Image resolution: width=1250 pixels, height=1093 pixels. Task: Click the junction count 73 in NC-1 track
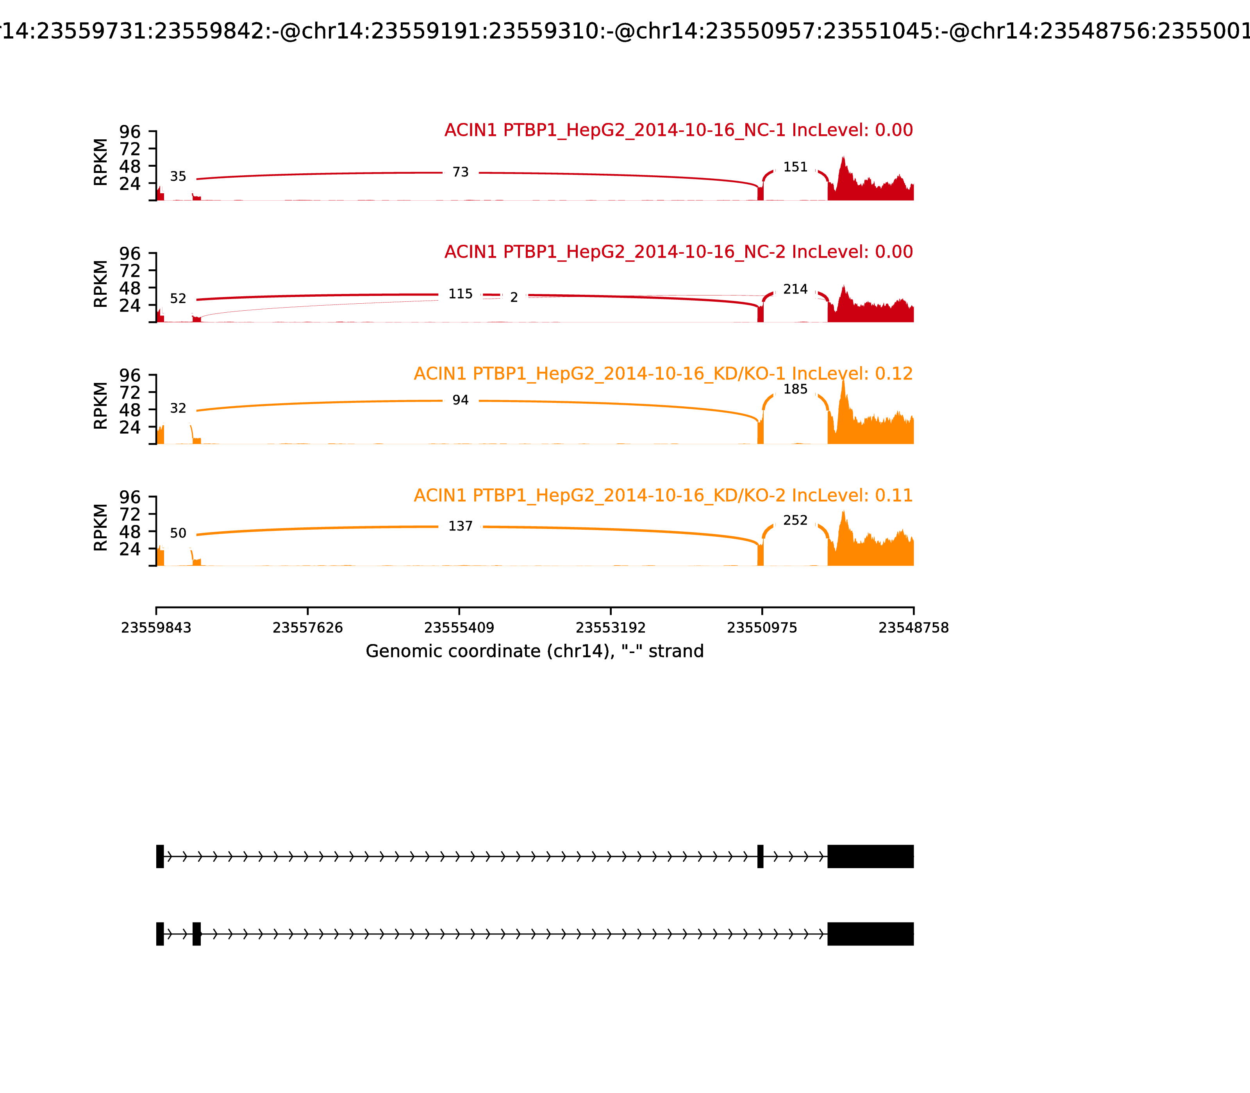pos(460,173)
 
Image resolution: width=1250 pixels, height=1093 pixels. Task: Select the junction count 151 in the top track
pos(795,167)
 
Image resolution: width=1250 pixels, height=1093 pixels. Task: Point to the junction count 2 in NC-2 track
pos(514,297)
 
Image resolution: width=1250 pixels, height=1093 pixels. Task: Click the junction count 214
pos(795,289)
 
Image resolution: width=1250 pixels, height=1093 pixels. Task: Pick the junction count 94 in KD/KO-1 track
pos(460,400)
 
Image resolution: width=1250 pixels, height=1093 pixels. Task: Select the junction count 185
pos(795,389)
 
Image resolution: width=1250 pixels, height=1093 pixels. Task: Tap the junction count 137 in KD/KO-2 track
pos(460,526)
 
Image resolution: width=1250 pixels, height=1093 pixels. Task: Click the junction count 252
pos(795,520)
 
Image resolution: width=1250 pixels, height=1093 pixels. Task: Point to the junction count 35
pos(178,176)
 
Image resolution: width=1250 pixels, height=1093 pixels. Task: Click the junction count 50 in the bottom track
pos(178,533)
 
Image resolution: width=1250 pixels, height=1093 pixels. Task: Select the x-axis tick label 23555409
pos(459,628)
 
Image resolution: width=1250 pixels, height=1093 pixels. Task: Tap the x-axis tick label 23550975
pos(762,628)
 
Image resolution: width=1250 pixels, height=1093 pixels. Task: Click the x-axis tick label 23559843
pos(156,628)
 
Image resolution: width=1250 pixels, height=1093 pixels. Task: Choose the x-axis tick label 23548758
pos(913,628)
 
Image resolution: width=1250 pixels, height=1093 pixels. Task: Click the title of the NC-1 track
pos(678,130)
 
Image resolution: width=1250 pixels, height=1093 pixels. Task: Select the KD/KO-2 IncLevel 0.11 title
pos(663,495)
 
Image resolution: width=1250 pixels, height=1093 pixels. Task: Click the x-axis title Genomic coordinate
pos(535,652)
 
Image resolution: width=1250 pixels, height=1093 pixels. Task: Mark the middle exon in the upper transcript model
pos(761,856)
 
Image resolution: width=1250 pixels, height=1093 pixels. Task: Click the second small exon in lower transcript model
pos(196,934)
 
